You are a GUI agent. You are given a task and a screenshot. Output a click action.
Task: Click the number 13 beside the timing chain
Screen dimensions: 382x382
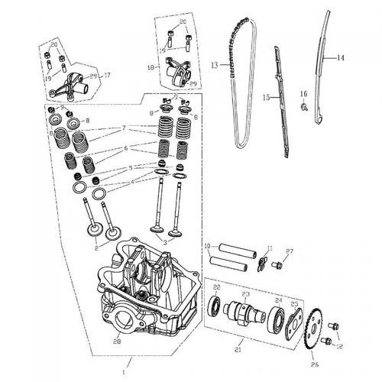(215, 64)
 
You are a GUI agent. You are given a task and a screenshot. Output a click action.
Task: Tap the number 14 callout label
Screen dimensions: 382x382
(340, 57)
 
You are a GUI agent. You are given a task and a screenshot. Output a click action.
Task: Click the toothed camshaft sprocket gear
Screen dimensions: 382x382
(313, 325)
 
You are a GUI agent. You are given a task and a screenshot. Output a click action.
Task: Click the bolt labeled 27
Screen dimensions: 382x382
(279, 265)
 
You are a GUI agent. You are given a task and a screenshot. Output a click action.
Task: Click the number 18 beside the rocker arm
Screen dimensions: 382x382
(151, 67)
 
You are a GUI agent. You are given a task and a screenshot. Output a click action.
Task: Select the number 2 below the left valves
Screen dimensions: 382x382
(96, 248)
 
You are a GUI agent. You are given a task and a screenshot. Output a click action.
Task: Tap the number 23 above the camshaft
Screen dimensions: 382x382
(247, 294)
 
